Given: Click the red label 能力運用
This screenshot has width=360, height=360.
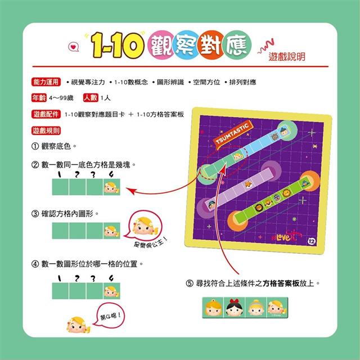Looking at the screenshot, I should tap(46, 82).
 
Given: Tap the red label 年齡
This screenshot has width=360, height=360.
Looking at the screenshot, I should tap(39, 98).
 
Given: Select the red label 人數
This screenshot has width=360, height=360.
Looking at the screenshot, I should tap(90, 98).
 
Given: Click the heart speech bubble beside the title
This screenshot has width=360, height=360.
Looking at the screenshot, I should tap(70, 48).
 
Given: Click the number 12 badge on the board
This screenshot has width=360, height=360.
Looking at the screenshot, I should tap(312, 242).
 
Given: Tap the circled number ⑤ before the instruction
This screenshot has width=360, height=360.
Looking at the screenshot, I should tap(190, 283).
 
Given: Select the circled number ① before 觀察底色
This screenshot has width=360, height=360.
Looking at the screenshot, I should tap(35, 146).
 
